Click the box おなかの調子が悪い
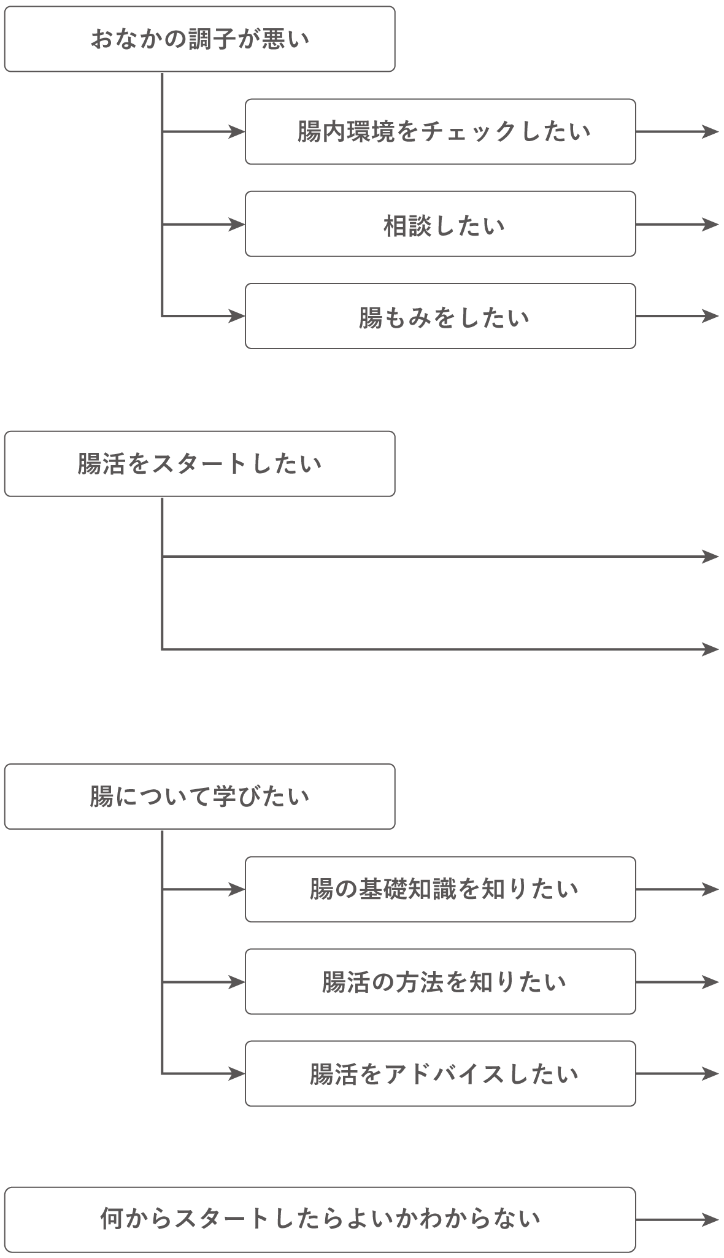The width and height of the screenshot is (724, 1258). tap(199, 39)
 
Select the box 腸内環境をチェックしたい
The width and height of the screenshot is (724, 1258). tap(440, 131)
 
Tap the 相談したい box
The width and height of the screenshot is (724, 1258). tap(440, 224)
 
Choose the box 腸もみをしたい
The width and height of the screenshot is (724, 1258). tap(440, 316)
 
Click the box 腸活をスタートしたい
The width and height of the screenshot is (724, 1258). tap(199, 464)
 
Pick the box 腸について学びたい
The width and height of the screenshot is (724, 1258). tap(199, 797)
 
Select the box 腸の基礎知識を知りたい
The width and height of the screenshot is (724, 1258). tap(440, 889)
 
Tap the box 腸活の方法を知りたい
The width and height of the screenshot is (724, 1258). tap(440, 982)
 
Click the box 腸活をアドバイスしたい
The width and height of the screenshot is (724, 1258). tap(440, 1074)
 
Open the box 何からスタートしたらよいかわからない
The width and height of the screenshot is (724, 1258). tap(320, 1218)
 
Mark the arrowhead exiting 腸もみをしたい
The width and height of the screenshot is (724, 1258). tap(711, 316)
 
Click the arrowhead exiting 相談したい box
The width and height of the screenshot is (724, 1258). tap(711, 225)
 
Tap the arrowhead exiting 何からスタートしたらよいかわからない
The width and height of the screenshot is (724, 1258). tap(711, 1218)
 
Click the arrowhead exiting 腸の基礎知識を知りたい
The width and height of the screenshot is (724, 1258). tap(711, 889)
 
